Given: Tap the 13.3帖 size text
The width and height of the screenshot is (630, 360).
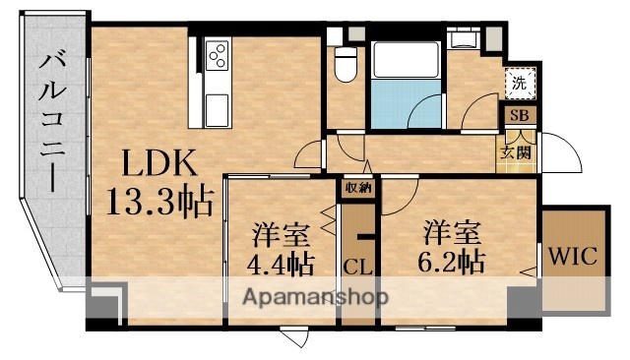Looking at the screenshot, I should pos(158,202).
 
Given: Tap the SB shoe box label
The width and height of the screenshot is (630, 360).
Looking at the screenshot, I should pos(519,115).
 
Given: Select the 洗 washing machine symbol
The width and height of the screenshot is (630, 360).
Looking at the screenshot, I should pos(519,83).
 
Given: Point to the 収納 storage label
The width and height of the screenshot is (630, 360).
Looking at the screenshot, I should pos(357,186).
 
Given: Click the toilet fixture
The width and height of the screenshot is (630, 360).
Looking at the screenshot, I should pos(345,65).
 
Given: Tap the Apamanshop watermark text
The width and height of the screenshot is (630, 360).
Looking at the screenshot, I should pos(315,296).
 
